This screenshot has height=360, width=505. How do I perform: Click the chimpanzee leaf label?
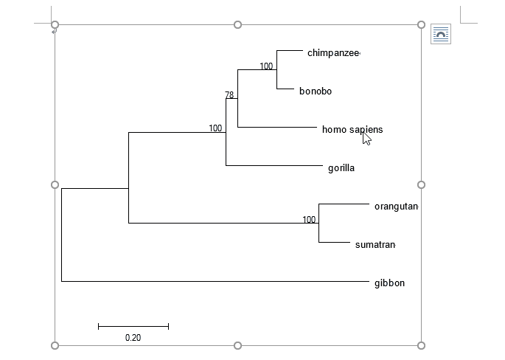point(332,53)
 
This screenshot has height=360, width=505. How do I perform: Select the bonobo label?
point(316,91)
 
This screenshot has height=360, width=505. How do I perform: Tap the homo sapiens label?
point(352,130)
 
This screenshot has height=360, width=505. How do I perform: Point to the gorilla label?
point(341,168)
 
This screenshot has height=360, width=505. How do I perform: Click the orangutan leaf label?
point(396,207)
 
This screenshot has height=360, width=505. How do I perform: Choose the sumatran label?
point(375,245)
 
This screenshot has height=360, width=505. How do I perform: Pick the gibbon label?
point(389,283)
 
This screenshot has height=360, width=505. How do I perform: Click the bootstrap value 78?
point(229,95)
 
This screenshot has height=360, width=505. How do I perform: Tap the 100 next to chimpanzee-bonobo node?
point(266,66)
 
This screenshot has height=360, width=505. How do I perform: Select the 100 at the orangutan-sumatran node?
point(309,220)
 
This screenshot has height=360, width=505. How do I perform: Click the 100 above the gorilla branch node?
point(215,128)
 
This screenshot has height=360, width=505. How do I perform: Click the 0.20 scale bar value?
point(133,338)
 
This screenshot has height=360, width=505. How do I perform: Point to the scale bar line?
point(133,326)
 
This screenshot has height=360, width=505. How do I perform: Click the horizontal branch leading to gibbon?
point(214,281)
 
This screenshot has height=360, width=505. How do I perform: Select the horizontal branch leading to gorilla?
point(273,166)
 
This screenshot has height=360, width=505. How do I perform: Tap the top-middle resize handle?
point(237,25)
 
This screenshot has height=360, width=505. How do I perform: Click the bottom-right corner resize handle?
point(421,345)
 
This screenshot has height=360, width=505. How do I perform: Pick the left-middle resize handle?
point(55,184)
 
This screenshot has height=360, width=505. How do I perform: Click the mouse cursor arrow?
point(366,137)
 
